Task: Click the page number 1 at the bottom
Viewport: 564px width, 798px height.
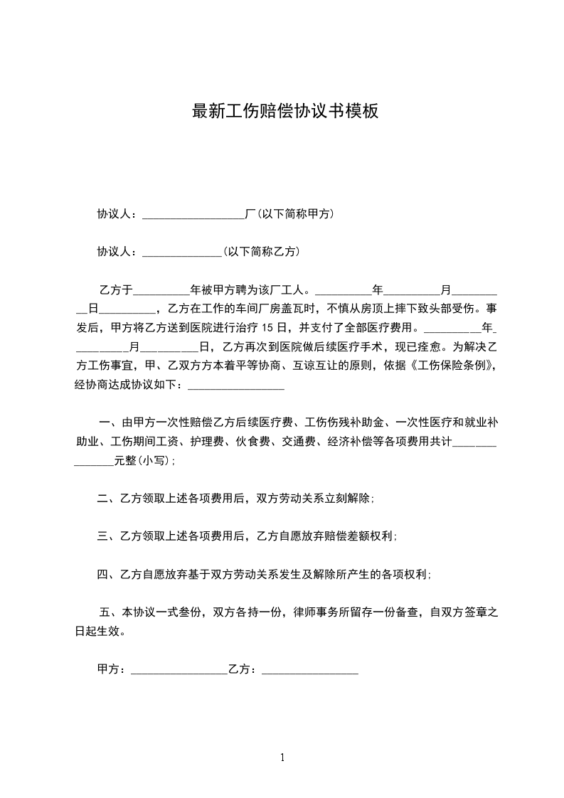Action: (282, 757)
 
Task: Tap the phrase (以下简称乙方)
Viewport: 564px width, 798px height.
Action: (260, 251)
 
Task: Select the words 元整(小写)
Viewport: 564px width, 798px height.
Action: (140, 460)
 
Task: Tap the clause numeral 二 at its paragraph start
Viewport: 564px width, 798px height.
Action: (102, 499)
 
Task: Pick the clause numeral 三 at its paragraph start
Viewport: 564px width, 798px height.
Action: (102, 536)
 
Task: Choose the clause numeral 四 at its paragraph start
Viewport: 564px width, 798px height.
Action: (102, 574)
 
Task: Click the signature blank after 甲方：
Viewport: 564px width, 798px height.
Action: (179, 671)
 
